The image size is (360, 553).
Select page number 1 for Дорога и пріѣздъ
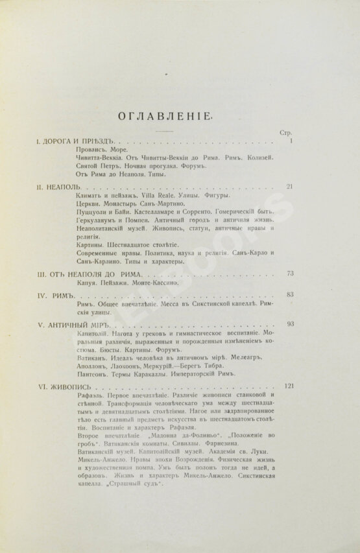pyautogui.click(x=292, y=140)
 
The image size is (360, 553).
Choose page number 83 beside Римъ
pyautogui.click(x=290, y=295)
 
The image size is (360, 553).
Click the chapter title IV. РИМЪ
pyautogui.click(x=58, y=296)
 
